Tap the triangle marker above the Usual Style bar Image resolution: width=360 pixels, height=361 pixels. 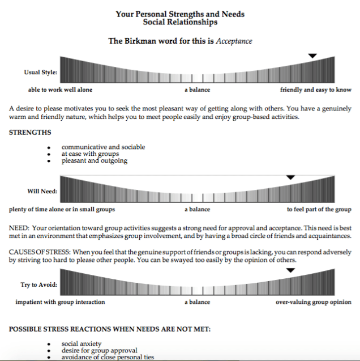click(312, 56)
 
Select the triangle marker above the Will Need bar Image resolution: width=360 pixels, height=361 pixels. click(290, 178)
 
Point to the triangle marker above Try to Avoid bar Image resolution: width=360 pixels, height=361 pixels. click(290, 270)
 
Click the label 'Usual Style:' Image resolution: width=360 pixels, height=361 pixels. click(40, 73)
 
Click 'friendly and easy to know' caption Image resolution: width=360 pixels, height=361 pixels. click(315, 90)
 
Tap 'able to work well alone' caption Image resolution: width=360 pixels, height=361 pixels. click(60, 90)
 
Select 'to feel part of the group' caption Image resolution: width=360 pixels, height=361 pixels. click(319, 209)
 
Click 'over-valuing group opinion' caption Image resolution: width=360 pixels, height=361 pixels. click(314, 302)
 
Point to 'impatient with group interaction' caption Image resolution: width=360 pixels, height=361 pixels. click(60, 302)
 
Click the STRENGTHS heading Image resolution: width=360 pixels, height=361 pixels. click(30, 133)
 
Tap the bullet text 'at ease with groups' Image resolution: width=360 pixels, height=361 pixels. click(90, 154)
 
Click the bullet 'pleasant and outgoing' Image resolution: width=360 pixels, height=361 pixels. click(94, 160)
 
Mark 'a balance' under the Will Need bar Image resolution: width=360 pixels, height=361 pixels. click(197, 209)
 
